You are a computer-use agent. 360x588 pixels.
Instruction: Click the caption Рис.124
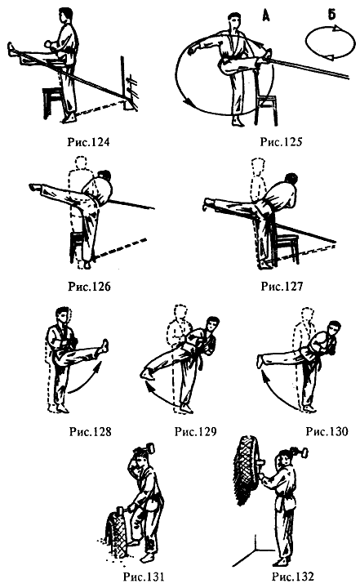click(x=88, y=142)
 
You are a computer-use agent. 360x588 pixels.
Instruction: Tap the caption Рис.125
click(x=281, y=142)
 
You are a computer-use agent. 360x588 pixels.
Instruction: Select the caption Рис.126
click(x=89, y=287)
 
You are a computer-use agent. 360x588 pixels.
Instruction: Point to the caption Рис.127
click(x=282, y=287)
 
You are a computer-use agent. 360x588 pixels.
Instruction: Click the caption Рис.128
click(x=91, y=431)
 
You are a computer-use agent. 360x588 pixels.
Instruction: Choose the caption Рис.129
click(x=195, y=431)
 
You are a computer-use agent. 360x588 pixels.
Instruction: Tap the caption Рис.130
click(x=327, y=431)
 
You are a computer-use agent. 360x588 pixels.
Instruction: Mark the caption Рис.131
click(x=144, y=577)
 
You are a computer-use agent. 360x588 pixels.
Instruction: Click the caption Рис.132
click(x=292, y=577)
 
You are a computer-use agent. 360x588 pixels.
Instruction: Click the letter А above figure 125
click(x=266, y=16)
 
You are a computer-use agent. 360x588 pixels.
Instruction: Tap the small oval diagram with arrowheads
click(x=331, y=43)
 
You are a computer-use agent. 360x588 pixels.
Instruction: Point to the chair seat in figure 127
click(x=285, y=238)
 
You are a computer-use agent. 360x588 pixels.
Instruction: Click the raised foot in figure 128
click(x=102, y=345)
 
